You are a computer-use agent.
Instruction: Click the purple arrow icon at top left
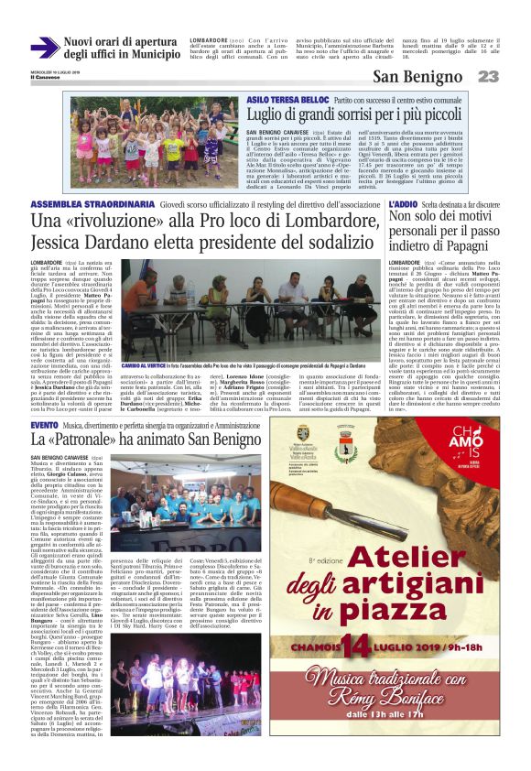[44, 48]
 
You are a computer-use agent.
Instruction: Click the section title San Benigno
[421, 76]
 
